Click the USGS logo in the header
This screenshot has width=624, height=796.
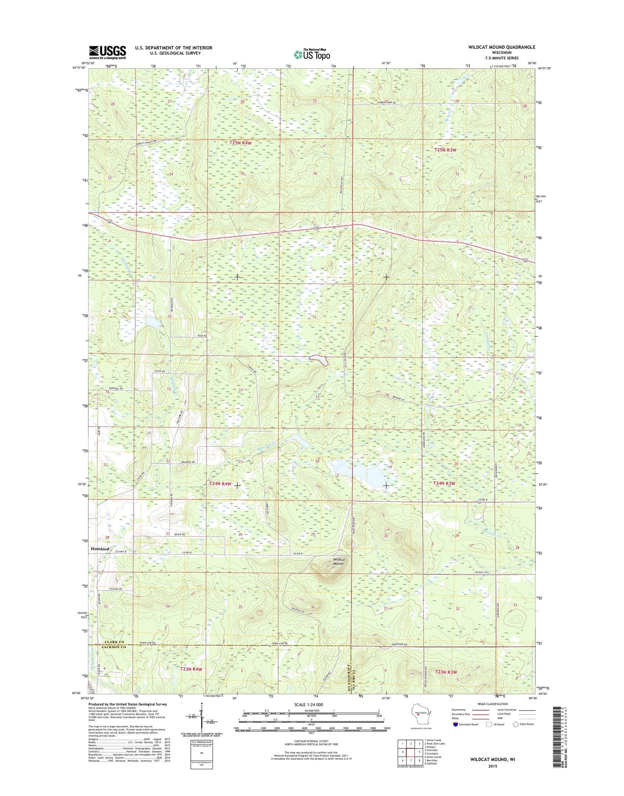click(108, 52)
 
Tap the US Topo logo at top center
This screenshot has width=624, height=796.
click(312, 54)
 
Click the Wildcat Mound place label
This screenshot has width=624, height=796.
click(338, 561)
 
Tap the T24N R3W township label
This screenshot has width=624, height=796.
click(444, 484)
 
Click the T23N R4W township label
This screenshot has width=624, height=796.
click(191, 669)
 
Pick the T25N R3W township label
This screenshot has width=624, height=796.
click(445, 150)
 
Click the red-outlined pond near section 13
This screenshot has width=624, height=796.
click(319, 359)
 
